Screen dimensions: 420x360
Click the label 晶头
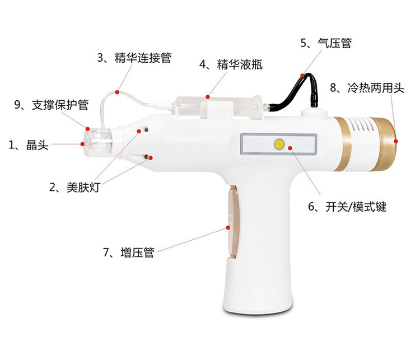pyautogui.click(x=38, y=145)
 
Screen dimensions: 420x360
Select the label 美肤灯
pyautogui.click(x=83, y=187)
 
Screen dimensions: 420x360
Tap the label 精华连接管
pyautogui.click(x=143, y=58)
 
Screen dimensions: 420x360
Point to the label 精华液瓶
pyautogui.click(x=240, y=64)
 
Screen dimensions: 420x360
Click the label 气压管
pyautogui.click(x=334, y=43)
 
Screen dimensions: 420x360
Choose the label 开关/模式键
pyautogui.click(x=356, y=207)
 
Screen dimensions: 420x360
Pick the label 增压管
pyautogui.click(x=137, y=253)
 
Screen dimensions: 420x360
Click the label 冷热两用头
pyautogui.click(x=376, y=88)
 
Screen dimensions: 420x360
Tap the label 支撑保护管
pyautogui.click(x=60, y=105)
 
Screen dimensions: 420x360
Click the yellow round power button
pyautogui.click(x=278, y=144)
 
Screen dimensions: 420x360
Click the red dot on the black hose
pyautogui.click(x=302, y=76)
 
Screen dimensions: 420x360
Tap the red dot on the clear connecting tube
pyautogui.click(x=117, y=92)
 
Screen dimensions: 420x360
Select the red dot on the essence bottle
pyautogui.click(x=208, y=97)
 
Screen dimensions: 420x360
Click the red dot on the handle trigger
pyautogui.click(x=228, y=228)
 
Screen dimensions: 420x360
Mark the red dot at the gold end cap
pyautogui.click(x=396, y=141)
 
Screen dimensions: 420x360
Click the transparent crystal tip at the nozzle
pyautogui.click(x=99, y=143)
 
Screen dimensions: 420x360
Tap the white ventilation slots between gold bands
pyautogui.click(x=361, y=125)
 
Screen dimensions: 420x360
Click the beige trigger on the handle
pyautogui.click(x=232, y=222)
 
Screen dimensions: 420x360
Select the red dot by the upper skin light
pyautogui.click(x=139, y=131)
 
